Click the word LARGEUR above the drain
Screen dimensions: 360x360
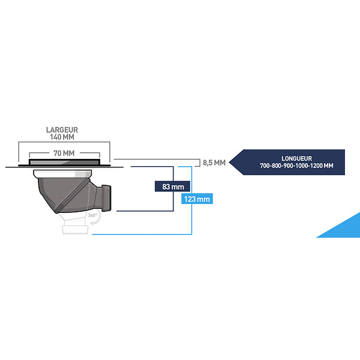[x=62, y=130]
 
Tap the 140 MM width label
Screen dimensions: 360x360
[x=62, y=137]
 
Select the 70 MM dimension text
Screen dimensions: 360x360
[x=64, y=153]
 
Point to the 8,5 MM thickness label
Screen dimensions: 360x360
[x=214, y=163]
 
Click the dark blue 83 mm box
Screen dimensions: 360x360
[x=172, y=187]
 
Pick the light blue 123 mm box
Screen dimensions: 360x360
[x=197, y=199]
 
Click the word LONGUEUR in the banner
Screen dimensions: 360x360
[x=296, y=158]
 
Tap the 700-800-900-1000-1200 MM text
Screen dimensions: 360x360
[x=296, y=166]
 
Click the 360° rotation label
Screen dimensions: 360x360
[x=92, y=215]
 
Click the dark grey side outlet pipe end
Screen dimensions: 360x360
[x=107, y=198]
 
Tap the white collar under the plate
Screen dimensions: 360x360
[x=62, y=174]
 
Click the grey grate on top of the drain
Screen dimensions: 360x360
[x=64, y=162]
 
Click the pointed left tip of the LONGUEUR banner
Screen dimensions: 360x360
[x=229, y=163]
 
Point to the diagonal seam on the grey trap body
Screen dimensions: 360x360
[x=71, y=196]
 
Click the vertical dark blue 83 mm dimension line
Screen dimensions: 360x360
[x=173, y=189]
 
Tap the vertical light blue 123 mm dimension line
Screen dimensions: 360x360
[x=191, y=200]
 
